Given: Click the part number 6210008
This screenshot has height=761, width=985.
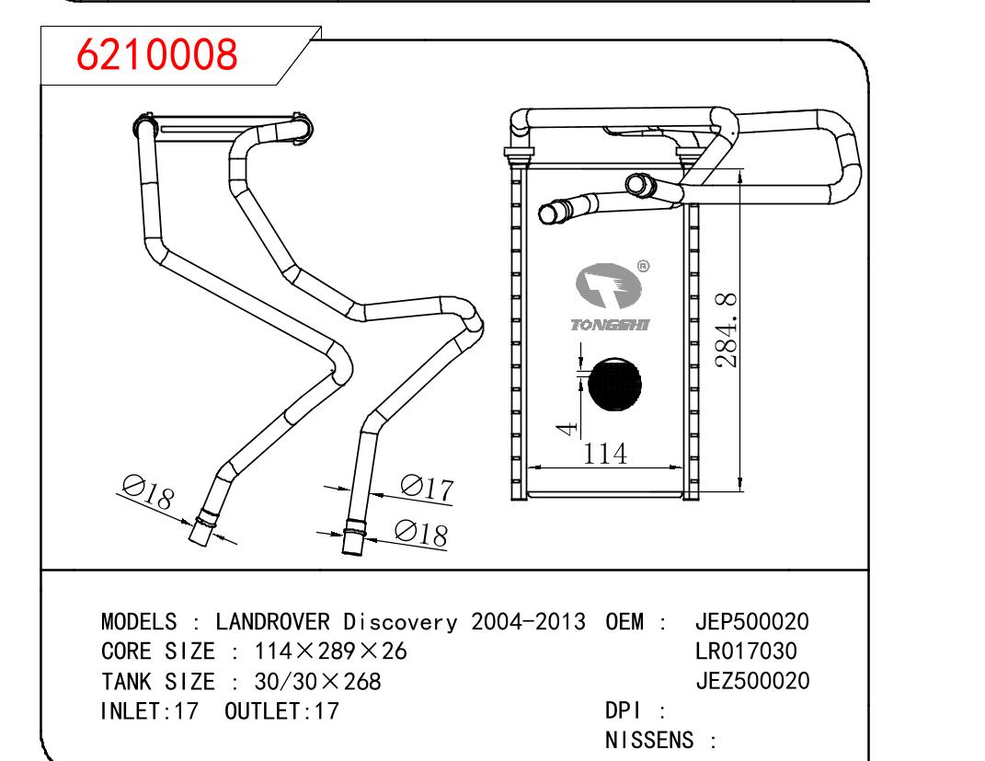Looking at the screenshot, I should click(157, 55).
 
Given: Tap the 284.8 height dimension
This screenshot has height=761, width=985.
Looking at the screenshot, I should click(727, 329).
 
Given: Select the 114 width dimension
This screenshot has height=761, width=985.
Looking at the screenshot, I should click(605, 454).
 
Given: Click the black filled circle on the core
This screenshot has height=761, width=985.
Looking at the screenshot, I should click(614, 384).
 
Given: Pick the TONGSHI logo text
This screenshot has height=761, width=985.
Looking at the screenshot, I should click(610, 325).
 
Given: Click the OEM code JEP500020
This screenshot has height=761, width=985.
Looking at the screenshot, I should click(751, 621).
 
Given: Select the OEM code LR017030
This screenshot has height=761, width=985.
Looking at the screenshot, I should click(746, 651).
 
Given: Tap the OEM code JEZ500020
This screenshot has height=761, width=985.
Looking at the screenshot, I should click(751, 681).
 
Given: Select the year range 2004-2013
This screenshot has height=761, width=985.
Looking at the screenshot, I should click(528, 621).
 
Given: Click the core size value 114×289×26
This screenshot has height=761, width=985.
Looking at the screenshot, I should click(330, 651).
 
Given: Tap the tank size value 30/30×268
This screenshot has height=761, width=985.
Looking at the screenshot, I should click(316, 682).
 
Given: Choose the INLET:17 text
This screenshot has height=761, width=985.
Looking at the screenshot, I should click(149, 711).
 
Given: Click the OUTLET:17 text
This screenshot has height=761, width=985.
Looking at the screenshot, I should click(281, 711).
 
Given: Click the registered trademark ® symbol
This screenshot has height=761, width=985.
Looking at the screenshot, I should click(644, 266).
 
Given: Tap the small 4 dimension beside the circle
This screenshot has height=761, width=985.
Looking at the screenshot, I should click(569, 427).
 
